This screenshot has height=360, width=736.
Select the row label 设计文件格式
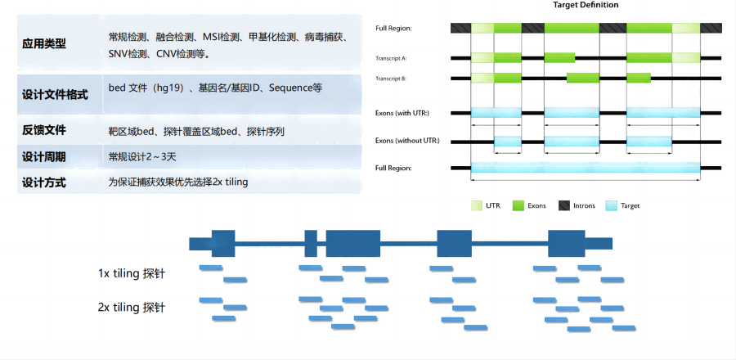(55, 95)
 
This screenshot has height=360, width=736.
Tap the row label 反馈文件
(44, 130)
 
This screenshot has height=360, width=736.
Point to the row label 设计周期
(44, 157)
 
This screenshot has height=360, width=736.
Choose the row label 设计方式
(44, 182)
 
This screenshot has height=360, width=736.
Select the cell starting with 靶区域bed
(196, 131)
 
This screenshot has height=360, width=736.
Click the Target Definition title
(585, 5)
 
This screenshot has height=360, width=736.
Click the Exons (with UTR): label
(402, 113)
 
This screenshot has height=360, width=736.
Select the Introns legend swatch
(564, 205)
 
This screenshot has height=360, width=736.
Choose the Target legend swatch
(610, 205)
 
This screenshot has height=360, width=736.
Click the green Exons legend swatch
(518, 205)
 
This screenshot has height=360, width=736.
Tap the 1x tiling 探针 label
(132, 273)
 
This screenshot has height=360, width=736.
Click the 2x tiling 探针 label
(132, 308)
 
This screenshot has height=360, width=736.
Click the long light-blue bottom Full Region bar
(585, 168)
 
